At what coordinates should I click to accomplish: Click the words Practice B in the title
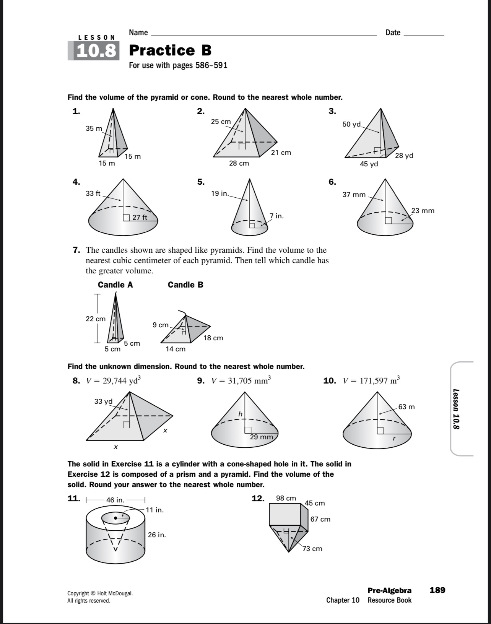tap(170, 50)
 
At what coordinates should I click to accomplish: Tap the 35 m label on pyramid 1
tap(94, 128)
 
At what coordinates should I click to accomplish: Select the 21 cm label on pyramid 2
tap(281, 153)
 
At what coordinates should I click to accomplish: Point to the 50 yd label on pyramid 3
tap(351, 124)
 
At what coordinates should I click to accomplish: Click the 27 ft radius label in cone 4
tap(140, 218)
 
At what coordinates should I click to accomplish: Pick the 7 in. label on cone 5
tap(276, 216)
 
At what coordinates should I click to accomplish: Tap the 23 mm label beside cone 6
tap(423, 211)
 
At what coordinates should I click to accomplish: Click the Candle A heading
tap(115, 284)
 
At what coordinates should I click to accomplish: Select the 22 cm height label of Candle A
tap(95, 319)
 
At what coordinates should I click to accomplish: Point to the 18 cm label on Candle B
tap(213, 338)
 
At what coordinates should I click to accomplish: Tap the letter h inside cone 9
tap(240, 414)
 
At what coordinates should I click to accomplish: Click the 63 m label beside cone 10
tap(406, 407)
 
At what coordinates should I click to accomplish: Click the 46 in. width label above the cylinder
tap(115, 500)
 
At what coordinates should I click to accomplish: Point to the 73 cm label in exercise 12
tap(312, 549)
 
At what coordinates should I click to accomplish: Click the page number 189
tap(437, 590)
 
